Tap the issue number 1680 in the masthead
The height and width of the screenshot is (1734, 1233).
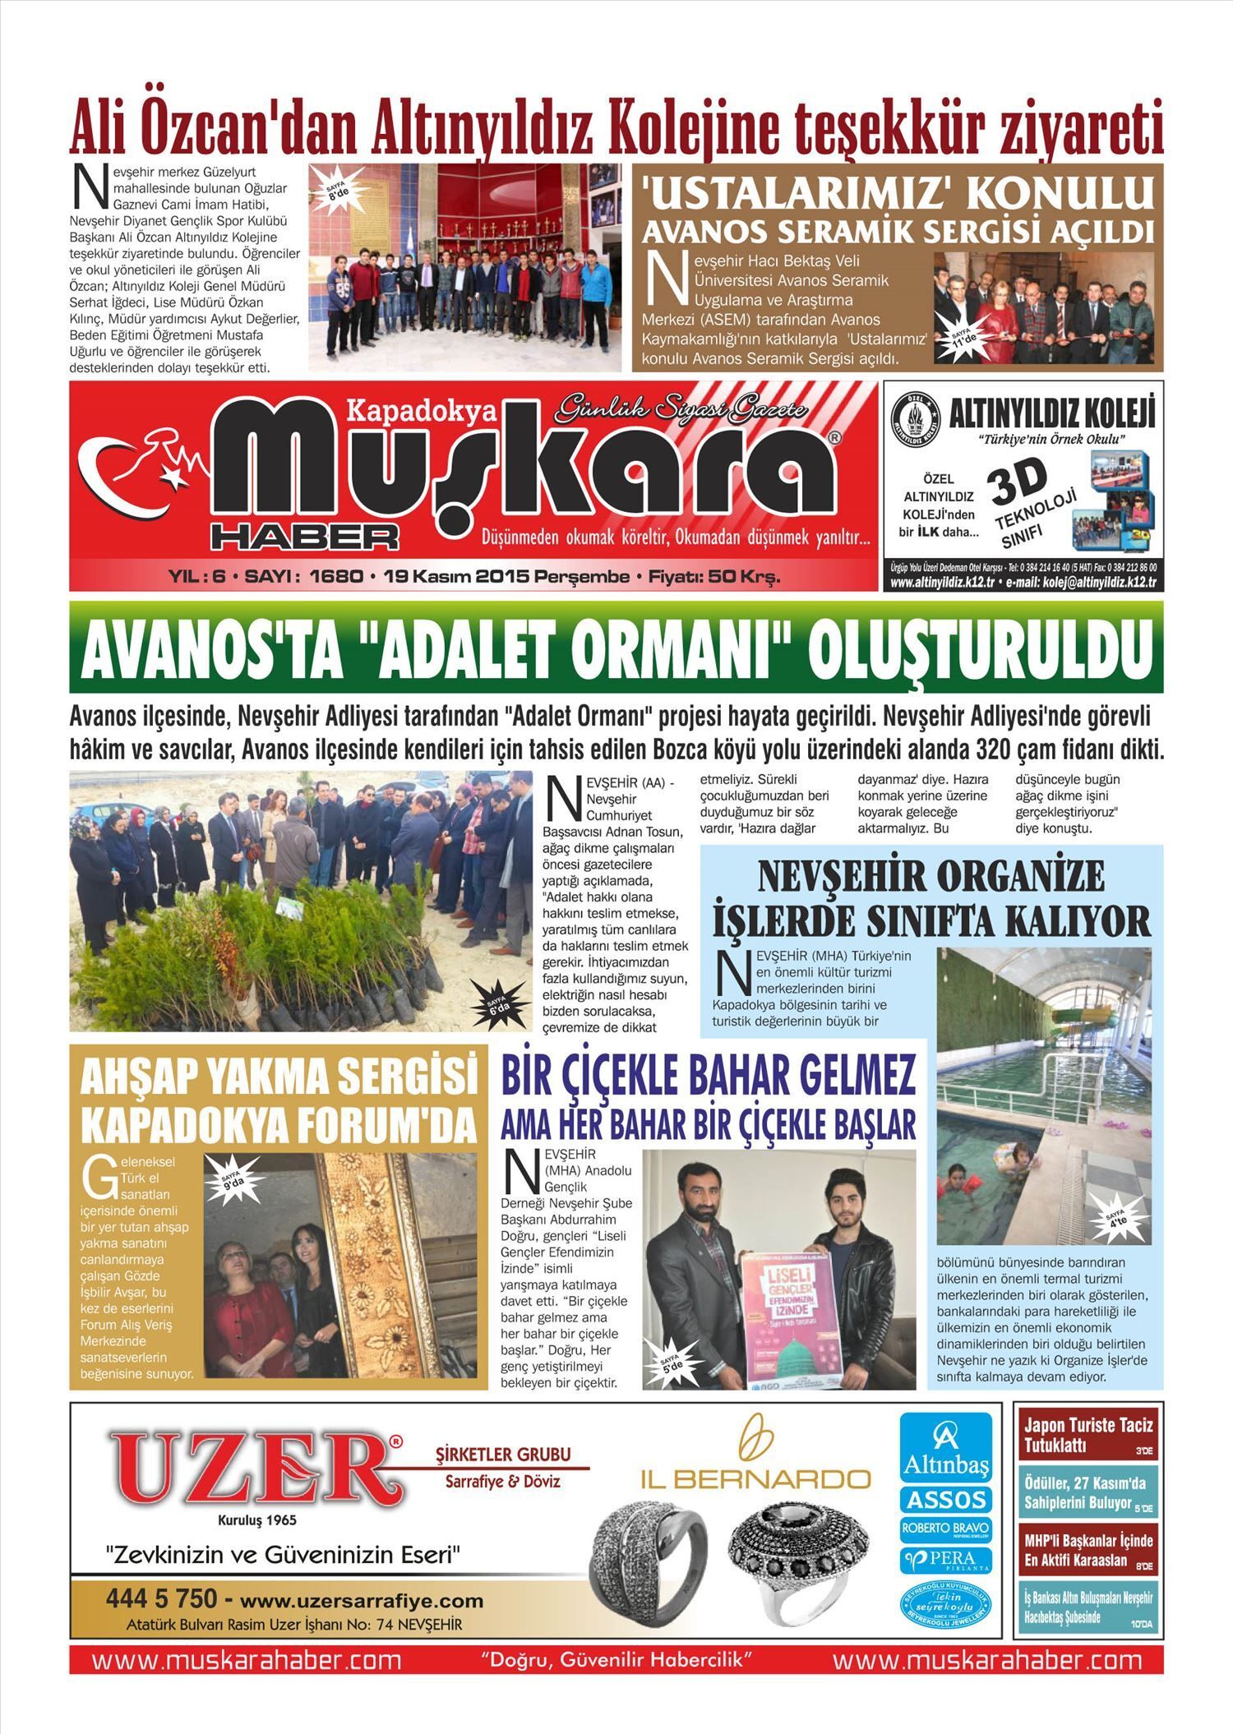(x=335, y=577)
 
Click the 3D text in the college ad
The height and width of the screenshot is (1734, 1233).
(x=1019, y=482)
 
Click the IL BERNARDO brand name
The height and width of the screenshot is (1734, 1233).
(x=755, y=1479)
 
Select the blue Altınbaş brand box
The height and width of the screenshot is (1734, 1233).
(x=945, y=1446)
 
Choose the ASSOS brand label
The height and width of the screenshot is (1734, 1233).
(x=945, y=1499)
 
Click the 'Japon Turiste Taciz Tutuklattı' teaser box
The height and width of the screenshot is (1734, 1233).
(x=1088, y=1435)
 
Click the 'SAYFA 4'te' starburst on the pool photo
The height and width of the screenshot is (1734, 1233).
(x=1116, y=1218)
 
